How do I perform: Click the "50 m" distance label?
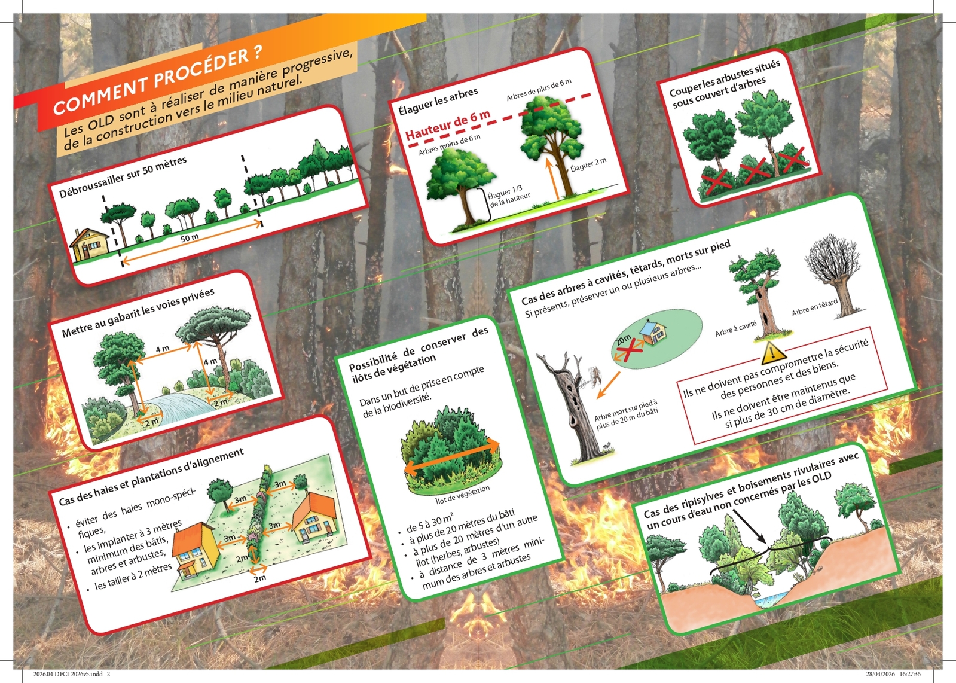click(190, 238)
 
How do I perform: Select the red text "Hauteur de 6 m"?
click(448, 125)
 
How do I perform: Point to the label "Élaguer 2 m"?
click(588, 164)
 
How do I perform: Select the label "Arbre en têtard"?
click(814, 307)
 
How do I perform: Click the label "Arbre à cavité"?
click(736, 329)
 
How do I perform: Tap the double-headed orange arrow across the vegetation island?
click(451, 456)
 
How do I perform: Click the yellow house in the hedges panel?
click(195, 551)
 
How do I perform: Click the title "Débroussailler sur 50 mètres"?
click(123, 177)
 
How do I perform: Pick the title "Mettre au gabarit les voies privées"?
click(138, 313)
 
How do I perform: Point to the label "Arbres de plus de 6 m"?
click(539, 90)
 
